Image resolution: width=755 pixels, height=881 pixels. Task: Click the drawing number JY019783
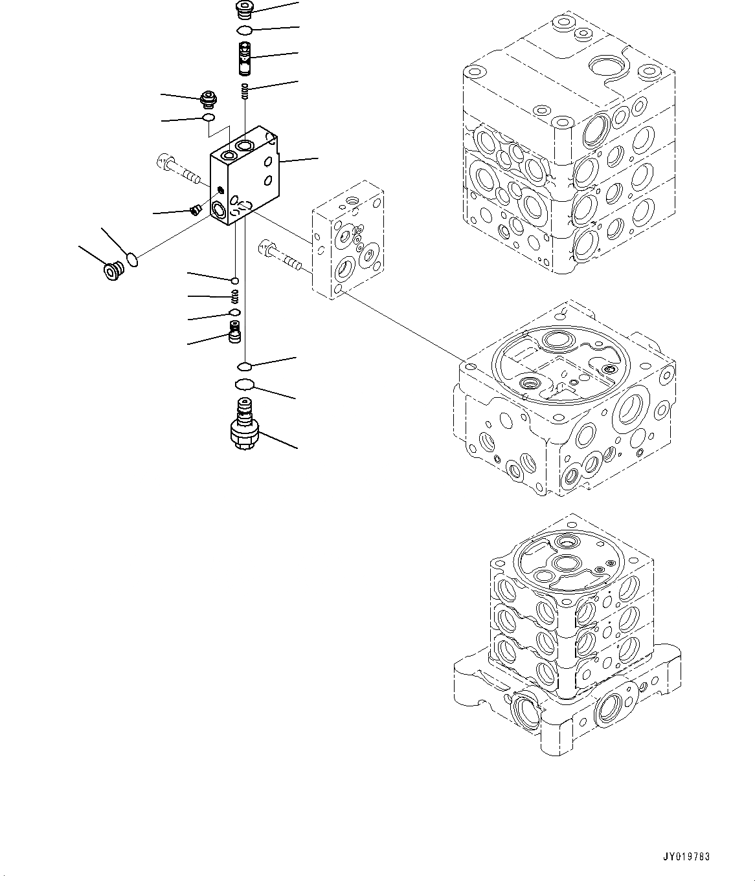pyautogui.click(x=686, y=857)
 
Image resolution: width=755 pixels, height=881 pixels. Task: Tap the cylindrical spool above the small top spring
pyautogui.click(x=245, y=58)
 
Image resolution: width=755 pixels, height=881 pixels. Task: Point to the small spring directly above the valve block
pyautogui.click(x=245, y=91)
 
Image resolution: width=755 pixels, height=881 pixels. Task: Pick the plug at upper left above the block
pyautogui.click(x=208, y=100)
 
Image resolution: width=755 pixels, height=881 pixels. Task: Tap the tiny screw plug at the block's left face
pyautogui.click(x=194, y=209)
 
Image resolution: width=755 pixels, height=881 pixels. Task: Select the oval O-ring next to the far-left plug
pyautogui.click(x=133, y=260)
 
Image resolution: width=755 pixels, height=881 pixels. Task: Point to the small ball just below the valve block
pyautogui.click(x=234, y=280)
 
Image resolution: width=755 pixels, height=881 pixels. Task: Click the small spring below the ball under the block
pyautogui.click(x=236, y=296)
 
